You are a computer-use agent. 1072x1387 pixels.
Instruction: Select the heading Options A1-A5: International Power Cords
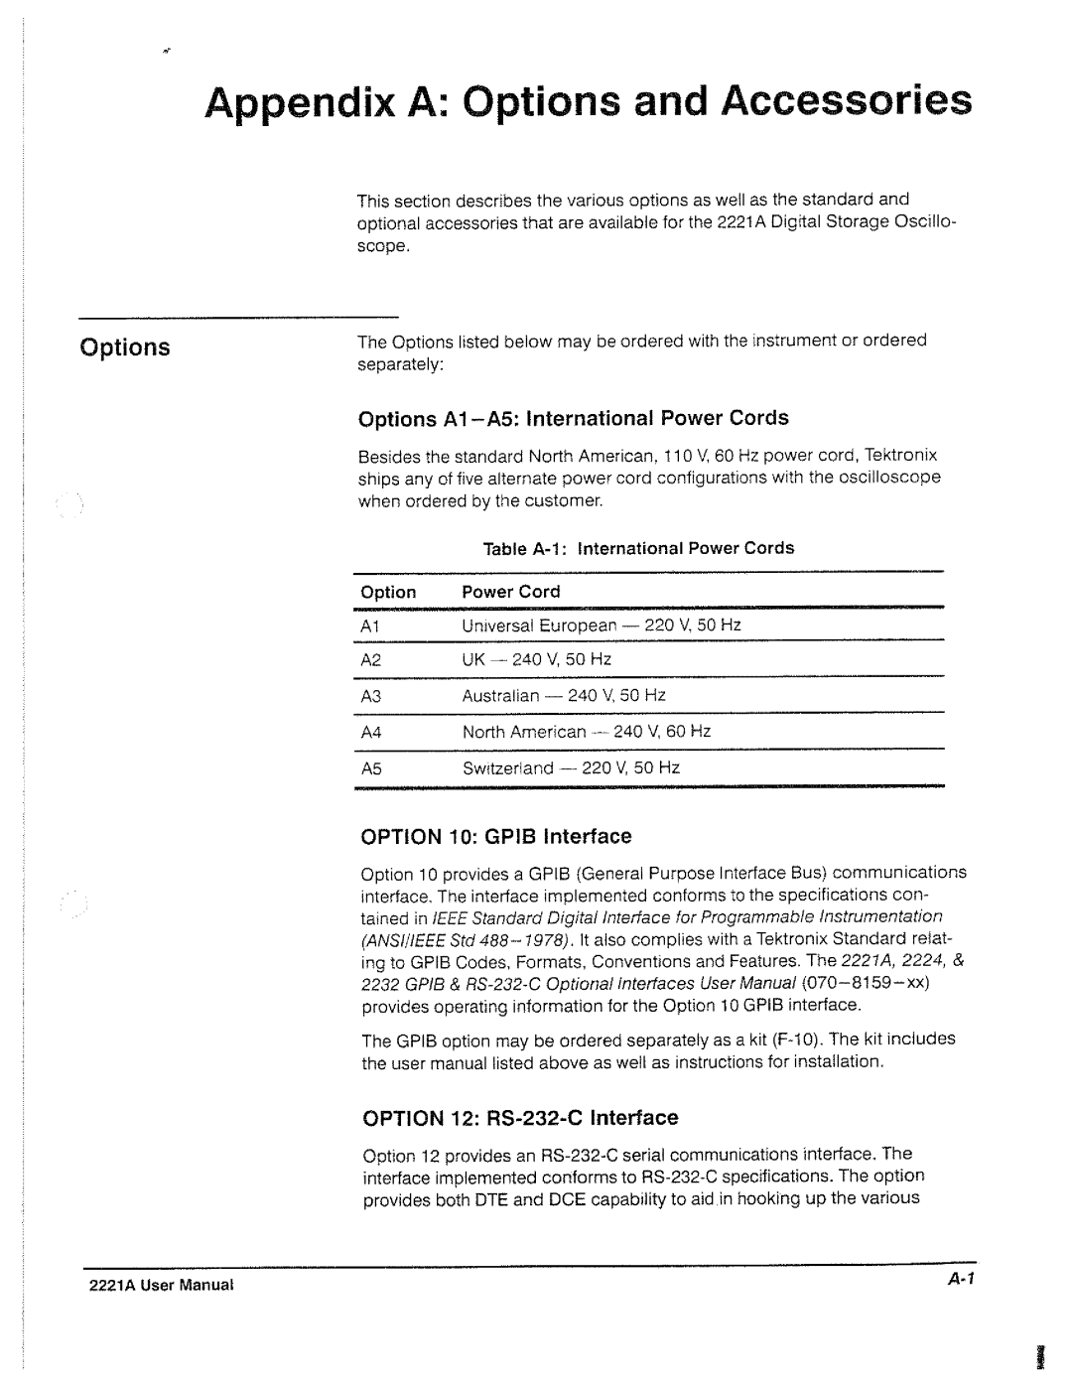[x=573, y=418]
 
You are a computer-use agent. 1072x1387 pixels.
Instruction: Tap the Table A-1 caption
[x=638, y=548]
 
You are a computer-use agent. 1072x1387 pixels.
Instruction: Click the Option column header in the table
[x=388, y=592]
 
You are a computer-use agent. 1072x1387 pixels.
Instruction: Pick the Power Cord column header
[x=511, y=592]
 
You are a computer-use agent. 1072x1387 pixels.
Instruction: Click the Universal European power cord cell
[x=602, y=625]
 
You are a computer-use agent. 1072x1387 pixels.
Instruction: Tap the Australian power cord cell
[x=564, y=696]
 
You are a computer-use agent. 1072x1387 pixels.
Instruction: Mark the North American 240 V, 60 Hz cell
[x=587, y=732]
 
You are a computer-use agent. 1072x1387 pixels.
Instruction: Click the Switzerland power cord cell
[x=571, y=768]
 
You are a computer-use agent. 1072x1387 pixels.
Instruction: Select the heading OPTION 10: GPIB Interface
[x=495, y=837]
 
